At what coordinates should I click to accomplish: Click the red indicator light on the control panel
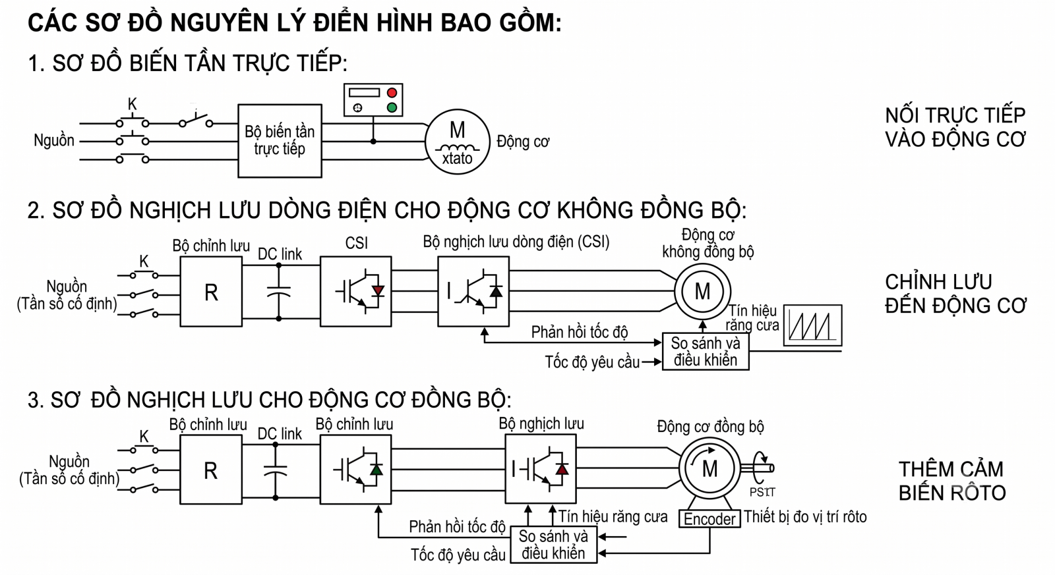coord(392,93)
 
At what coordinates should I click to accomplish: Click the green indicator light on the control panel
coord(392,108)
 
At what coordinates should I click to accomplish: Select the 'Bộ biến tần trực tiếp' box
coord(280,141)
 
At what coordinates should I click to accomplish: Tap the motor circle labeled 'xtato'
coord(458,142)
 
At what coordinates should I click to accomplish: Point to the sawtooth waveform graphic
coord(813,325)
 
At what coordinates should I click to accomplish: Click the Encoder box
coord(709,518)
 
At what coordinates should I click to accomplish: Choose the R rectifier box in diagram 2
coord(211,292)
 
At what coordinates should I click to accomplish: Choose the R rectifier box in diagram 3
coord(210,470)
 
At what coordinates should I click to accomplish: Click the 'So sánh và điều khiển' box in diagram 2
coord(706,352)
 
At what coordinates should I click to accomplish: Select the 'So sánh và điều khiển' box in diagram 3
coord(553,545)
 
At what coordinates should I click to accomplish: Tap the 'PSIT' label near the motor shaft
coord(762,492)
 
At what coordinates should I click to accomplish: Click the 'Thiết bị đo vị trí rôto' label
coord(805,516)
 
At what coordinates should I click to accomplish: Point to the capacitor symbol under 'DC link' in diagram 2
coord(279,292)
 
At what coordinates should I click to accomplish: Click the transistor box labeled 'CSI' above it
coord(355,292)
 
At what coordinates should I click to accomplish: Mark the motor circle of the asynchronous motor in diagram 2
coord(702,292)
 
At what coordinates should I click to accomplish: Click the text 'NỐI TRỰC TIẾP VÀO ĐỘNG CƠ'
coord(955,127)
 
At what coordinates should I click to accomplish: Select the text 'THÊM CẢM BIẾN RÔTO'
coord(951,481)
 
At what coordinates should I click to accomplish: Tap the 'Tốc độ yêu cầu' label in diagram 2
coord(592,362)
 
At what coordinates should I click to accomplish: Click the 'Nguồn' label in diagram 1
coord(54,140)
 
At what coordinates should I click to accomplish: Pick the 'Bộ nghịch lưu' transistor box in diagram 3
coord(541,469)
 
